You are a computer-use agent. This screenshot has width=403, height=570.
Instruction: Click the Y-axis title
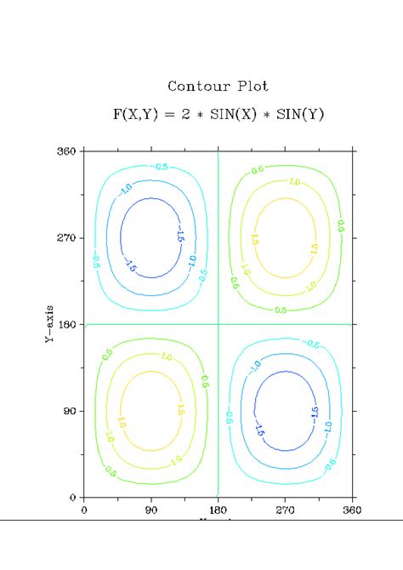click(x=50, y=324)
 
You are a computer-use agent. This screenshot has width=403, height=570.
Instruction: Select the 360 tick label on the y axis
click(x=67, y=151)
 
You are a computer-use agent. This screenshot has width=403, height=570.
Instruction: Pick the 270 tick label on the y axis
click(x=67, y=238)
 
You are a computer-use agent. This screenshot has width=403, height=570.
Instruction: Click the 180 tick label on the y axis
click(x=67, y=324)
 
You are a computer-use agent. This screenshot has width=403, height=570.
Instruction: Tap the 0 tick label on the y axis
click(x=73, y=497)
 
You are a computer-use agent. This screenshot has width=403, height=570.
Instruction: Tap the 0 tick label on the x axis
click(x=83, y=510)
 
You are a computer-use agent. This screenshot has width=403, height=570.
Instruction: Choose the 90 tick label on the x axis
click(x=151, y=510)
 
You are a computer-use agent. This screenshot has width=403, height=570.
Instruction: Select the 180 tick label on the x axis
click(x=218, y=510)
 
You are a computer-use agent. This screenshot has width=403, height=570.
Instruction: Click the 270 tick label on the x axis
click(x=285, y=510)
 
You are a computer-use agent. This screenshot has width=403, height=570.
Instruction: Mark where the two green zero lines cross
click(x=218, y=324)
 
